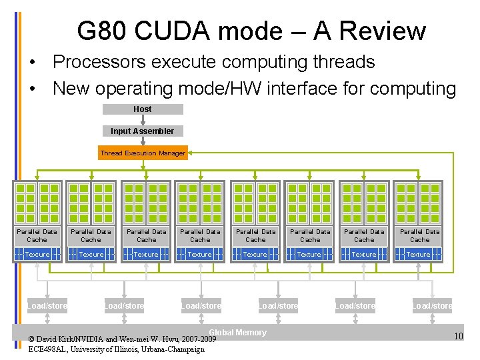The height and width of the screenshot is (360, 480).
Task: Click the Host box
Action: point(142,109)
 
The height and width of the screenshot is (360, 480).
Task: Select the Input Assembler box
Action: point(142,131)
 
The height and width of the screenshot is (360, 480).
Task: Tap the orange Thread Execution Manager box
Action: point(143,153)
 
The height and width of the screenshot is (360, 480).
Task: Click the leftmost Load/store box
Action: point(47,306)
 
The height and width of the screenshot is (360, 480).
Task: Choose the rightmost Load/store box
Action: point(432,306)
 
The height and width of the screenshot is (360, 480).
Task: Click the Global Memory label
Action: point(237,333)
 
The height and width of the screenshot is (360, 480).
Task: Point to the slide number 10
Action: point(458,336)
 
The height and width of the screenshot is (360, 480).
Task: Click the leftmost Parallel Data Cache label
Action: point(37,235)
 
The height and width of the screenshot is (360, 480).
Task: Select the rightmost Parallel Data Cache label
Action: point(419,235)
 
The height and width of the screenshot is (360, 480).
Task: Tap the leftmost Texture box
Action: point(37,254)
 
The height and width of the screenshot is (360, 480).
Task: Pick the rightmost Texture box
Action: point(419,254)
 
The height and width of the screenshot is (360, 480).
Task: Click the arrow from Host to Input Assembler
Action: point(142,120)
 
